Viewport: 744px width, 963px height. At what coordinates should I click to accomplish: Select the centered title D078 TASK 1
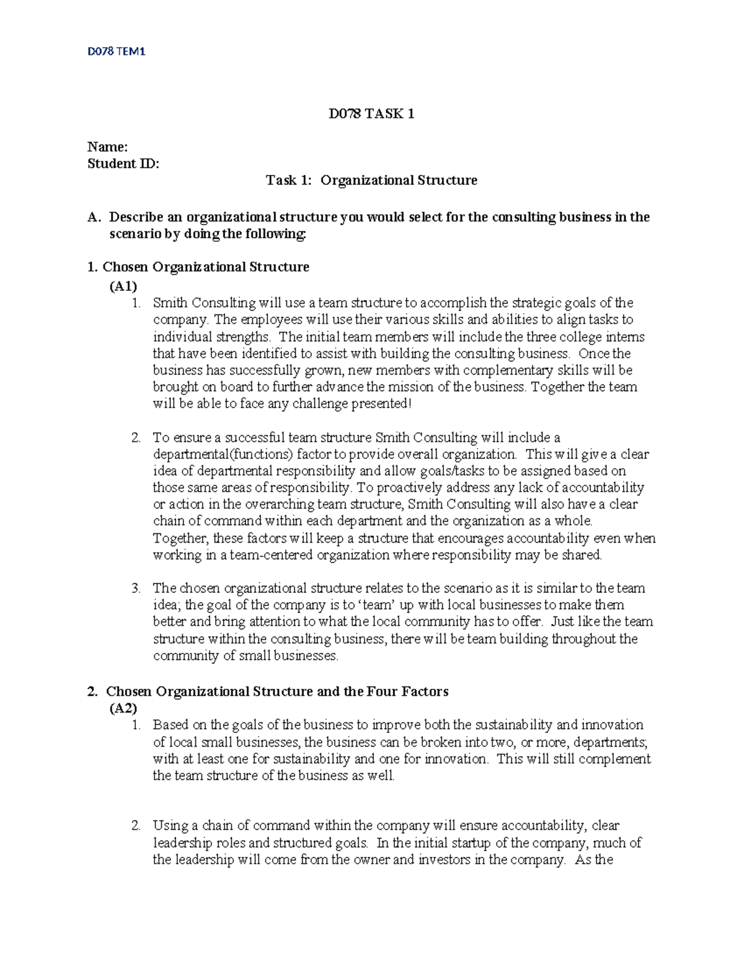coord(371,113)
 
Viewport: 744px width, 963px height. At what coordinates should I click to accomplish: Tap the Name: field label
coord(107,147)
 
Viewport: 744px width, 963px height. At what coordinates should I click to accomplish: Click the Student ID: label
coord(123,164)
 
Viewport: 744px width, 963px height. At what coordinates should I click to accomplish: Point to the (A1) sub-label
coord(123,286)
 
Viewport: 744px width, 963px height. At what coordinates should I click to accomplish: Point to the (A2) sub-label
coord(123,708)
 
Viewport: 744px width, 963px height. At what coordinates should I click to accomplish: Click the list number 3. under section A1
coord(136,588)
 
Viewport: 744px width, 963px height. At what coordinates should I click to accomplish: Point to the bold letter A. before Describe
coord(94,217)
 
